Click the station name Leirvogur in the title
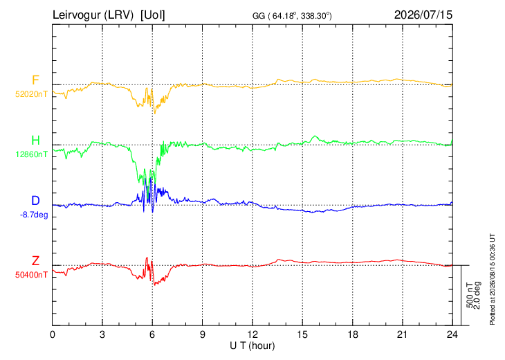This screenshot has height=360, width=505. (x=76, y=15)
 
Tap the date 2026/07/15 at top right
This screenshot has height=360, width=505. (x=423, y=15)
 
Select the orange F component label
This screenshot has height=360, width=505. (x=35, y=80)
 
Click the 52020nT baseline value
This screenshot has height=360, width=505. (x=32, y=94)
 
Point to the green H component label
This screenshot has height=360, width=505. (x=35, y=141)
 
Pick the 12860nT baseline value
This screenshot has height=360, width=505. (x=32, y=154)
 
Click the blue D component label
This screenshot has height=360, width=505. (x=35, y=201)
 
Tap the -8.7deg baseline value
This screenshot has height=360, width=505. (x=34, y=215)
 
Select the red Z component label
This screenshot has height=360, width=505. (x=35, y=261)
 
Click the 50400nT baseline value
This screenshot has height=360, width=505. (x=32, y=275)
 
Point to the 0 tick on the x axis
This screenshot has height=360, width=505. (x=53, y=335)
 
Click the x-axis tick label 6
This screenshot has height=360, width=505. (x=152, y=335)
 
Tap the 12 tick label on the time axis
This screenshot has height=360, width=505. (x=252, y=335)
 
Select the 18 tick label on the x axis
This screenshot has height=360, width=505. (x=353, y=335)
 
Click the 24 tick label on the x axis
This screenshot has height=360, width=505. (x=452, y=335)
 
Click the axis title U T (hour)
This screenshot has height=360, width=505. (x=252, y=346)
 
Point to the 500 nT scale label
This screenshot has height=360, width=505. (x=470, y=295)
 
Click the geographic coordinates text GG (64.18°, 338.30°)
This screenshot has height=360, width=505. (x=292, y=16)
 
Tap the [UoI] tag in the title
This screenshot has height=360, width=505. (x=153, y=15)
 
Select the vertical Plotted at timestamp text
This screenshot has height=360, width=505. (x=492, y=279)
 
